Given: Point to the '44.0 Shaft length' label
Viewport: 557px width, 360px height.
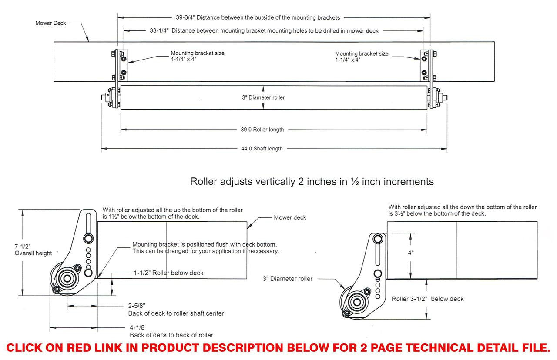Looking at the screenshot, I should pyautogui.click(x=262, y=149).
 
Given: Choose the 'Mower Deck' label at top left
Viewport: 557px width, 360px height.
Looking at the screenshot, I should pyautogui.click(x=50, y=23).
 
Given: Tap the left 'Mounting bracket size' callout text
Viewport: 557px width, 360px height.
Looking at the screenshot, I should pyautogui.click(x=198, y=57).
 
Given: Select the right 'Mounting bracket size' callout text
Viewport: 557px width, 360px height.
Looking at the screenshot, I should pyautogui.click(x=362, y=57).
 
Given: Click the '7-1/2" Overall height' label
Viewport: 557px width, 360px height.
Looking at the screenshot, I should pyautogui.click(x=33, y=250).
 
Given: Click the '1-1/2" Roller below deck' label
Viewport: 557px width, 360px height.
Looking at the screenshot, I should pyautogui.click(x=168, y=273).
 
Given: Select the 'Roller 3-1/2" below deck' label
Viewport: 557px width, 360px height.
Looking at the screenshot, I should pyautogui.click(x=427, y=299).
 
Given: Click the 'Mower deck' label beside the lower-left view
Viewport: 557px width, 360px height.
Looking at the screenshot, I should pyautogui.click(x=290, y=217).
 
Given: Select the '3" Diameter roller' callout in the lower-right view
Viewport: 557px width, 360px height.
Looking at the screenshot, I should pyautogui.click(x=287, y=279).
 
